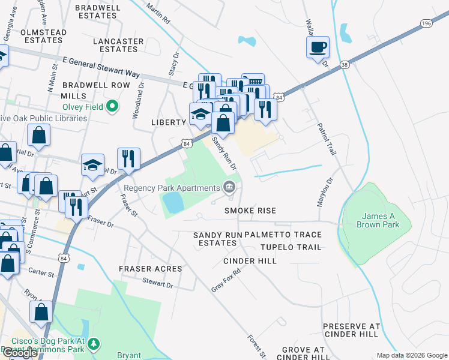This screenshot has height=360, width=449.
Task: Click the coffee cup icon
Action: [x=318, y=47]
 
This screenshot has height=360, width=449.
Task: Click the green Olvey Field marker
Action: [x=112, y=107]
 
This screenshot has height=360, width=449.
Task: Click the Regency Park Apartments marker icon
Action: [x=229, y=188]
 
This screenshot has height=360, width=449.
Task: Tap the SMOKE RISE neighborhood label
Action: [x=250, y=211]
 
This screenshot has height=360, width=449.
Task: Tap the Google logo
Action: [x=20, y=353]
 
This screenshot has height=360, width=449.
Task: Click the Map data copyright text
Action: [x=411, y=355]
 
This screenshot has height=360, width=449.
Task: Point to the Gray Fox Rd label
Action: [x=226, y=280]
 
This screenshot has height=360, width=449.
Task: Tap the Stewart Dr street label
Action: [x=157, y=283]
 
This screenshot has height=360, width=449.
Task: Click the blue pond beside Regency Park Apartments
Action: [x=173, y=202]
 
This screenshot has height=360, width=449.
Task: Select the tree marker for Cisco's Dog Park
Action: [x=94, y=344]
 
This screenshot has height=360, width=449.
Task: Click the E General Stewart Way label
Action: [x=101, y=68]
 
